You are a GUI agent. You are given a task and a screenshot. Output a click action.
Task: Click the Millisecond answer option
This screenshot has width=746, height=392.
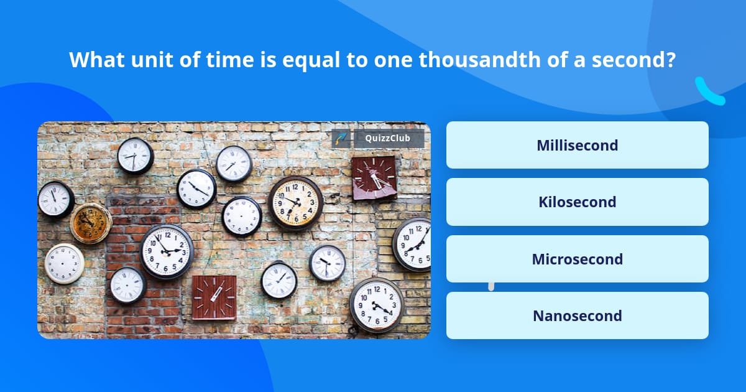tap(577, 146)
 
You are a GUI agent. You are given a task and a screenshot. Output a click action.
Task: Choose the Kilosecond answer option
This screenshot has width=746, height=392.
tap(577, 202)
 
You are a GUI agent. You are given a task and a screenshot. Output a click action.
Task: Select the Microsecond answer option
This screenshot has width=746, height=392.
tap(577, 259)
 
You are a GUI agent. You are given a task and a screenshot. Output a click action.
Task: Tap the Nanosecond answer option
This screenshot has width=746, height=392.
tap(577, 316)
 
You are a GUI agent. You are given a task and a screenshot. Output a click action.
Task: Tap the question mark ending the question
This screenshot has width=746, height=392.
tap(671, 60)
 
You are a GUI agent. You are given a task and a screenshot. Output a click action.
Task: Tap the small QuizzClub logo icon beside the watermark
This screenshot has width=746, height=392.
tap(341, 139)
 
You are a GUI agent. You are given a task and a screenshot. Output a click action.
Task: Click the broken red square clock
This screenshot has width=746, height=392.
tap(374, 178)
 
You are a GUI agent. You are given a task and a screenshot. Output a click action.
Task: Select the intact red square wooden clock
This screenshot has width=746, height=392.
tap(214, 297)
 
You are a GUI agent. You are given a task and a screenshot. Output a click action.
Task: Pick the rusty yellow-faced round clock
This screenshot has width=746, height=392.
tap(90, 223)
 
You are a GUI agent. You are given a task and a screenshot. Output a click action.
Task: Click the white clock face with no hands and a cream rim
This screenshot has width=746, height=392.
tap(64, 263)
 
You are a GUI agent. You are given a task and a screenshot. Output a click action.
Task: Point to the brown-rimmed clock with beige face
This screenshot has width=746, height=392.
tap(295, 202)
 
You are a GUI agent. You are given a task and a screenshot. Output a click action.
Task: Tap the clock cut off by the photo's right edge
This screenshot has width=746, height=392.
tap(413, 244)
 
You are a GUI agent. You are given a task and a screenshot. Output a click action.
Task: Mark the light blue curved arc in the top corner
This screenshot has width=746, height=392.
tap(709, 92)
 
